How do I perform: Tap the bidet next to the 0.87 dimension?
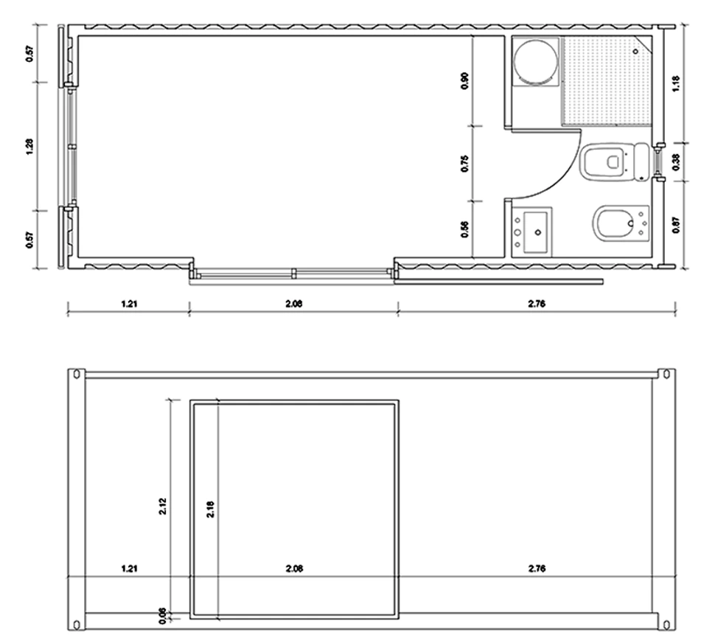[x=616, y=224]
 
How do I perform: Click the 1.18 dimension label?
[x=677, y=83]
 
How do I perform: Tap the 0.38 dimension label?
[x=677, y=161]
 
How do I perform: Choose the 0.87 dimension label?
[x=677, y=224]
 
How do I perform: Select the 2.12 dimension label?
[x=162, y=509]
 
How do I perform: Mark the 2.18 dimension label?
[x=212, y=509]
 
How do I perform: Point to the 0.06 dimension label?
[x=162, y=614]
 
